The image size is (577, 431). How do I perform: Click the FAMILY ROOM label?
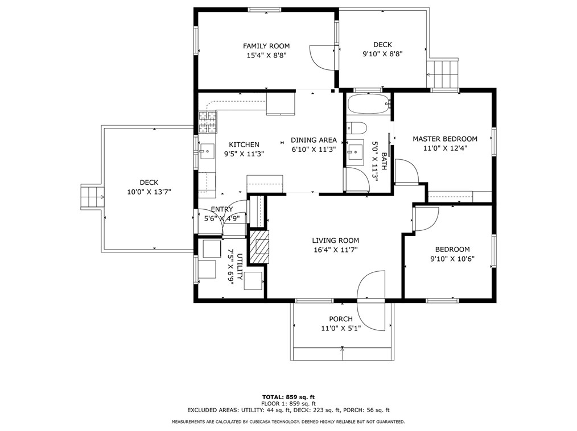266,46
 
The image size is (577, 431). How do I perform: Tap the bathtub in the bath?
368,104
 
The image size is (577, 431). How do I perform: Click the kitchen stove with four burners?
207,121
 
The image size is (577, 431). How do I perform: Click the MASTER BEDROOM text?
444,139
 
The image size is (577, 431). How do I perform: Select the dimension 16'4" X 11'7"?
335,250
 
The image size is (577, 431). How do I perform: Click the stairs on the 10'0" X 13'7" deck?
91,197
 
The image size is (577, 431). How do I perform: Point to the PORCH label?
341,319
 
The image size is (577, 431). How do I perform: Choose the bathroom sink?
356,151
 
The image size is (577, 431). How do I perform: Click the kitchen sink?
207,151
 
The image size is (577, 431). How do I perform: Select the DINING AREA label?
314,140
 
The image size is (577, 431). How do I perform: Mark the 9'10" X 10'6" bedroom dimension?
453,259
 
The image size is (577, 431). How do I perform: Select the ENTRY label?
221,209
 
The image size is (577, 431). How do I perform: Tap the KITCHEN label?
244,144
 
